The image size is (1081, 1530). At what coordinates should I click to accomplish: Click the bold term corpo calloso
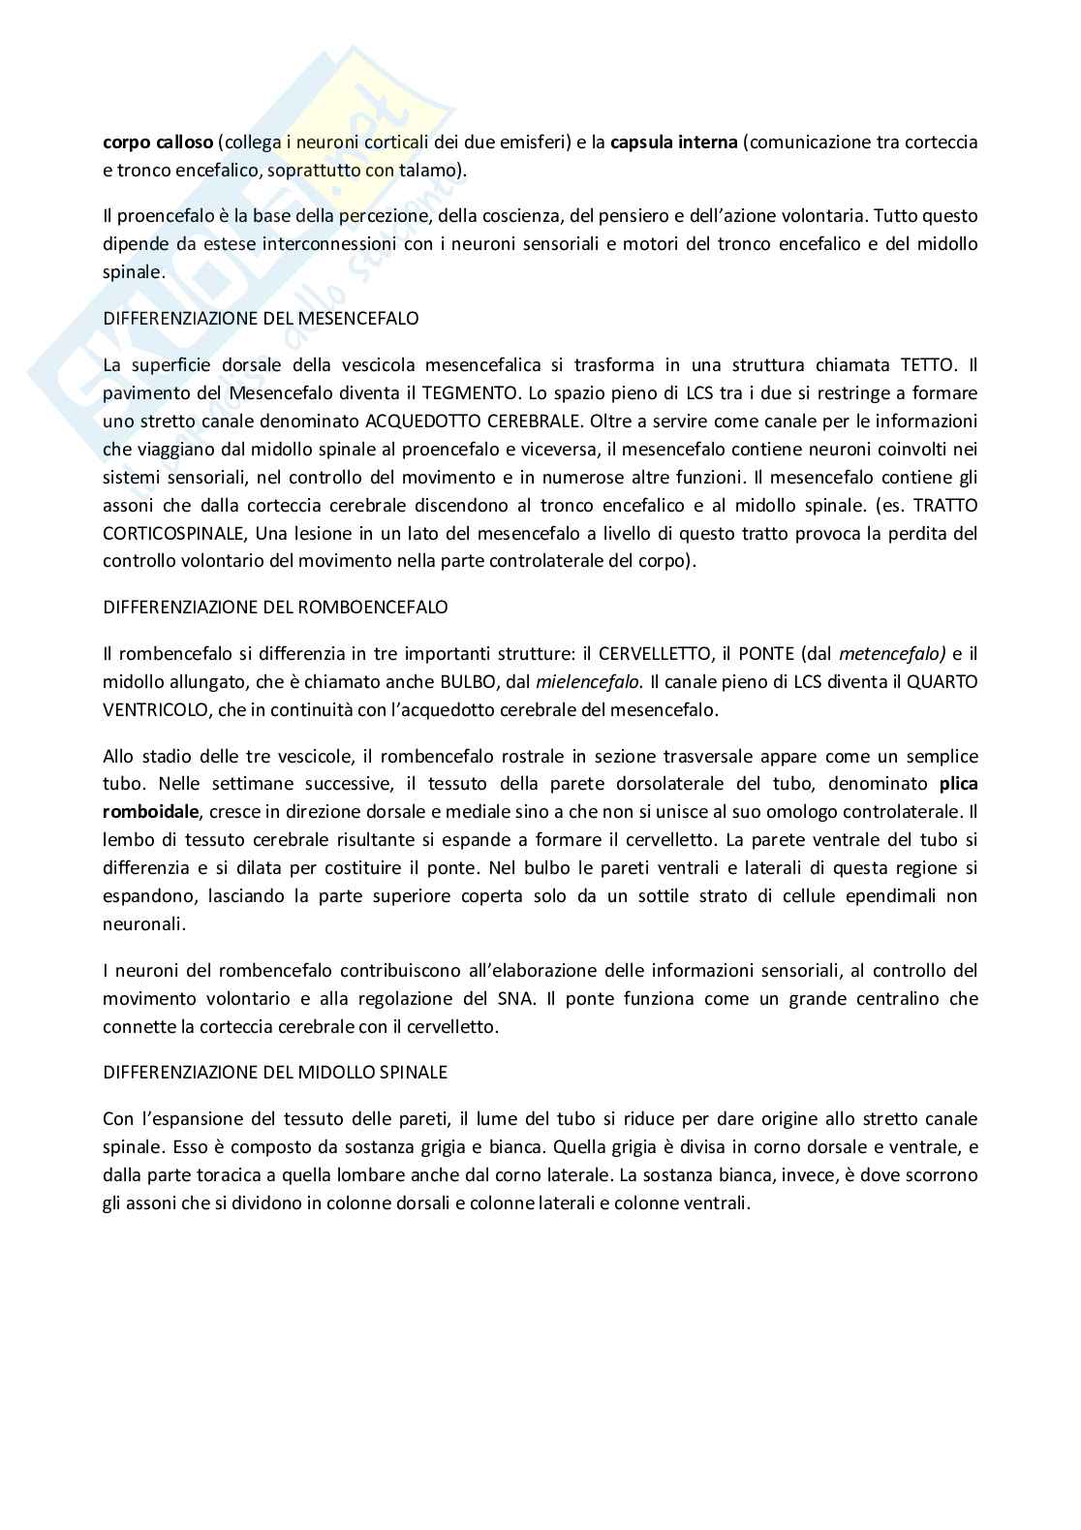(157, 142)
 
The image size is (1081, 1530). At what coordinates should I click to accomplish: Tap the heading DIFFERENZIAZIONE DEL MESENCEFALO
(261, 318)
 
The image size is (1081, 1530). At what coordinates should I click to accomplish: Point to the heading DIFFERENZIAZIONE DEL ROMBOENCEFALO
(275, 608)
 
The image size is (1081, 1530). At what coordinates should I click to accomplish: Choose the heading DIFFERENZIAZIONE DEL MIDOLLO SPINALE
(275, 1073)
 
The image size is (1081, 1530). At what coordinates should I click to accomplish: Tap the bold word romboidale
(149, 812)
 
